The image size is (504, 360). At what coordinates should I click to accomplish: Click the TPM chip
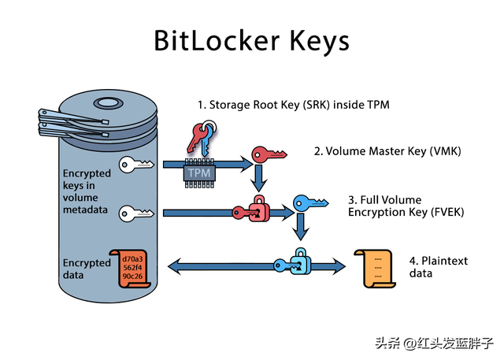199,173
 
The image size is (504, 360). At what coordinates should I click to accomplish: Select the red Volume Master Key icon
269,154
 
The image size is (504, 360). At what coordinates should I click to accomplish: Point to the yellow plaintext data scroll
375,269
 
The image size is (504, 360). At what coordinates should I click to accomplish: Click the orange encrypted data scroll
131,269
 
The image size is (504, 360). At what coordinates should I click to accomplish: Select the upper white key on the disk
136,165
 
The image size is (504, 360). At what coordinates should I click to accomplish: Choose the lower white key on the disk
136,213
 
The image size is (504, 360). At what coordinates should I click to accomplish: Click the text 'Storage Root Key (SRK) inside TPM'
299,105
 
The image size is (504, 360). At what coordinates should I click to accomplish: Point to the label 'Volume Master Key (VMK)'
394,151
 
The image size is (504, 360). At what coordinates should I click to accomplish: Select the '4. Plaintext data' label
439,267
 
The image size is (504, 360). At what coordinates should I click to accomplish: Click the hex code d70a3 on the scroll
132,258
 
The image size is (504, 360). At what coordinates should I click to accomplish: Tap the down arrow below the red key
259,178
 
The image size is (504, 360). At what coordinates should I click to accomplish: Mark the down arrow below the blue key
301,227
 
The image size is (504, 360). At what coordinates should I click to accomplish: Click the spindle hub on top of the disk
109,103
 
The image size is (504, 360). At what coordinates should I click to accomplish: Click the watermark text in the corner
434,343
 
